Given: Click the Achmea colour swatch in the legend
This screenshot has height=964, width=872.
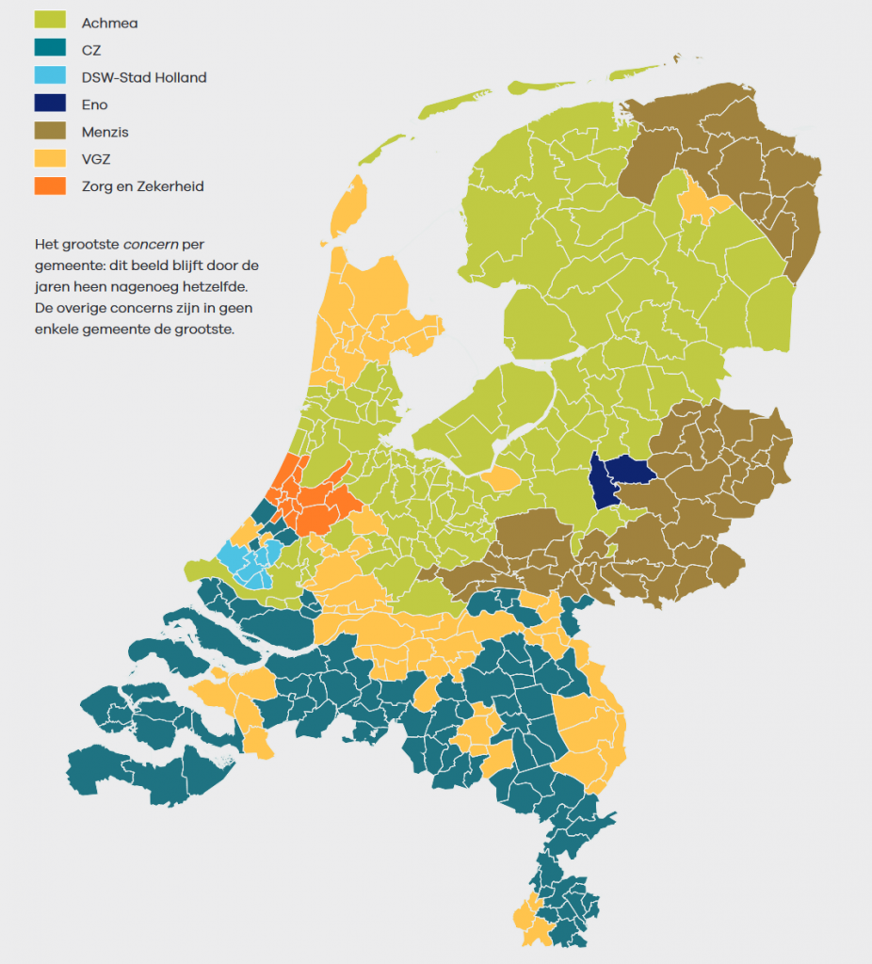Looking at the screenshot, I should pyautogui.click(x=50, y=23).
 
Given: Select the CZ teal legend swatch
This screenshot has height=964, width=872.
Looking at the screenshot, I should pyautogui.click(x=50, y=50).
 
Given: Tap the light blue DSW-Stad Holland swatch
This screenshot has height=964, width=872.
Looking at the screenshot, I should pyautogui.click(x=50, y=77).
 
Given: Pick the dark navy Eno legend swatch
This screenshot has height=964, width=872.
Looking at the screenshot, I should pyautogui.click(x=50, y=104).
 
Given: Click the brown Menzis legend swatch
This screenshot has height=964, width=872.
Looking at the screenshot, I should pyautogui.click(x=50, y=132).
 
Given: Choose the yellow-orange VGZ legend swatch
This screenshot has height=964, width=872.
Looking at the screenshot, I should pyautogui.click(x=50, y=159).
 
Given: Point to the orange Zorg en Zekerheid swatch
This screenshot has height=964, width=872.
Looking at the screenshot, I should pyautogui.click(x=50, y=186).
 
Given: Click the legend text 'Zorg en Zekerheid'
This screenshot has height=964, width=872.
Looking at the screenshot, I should pyautogui.click(x=142, y=186).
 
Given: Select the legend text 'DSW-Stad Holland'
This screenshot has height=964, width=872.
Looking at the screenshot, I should pyautogui.click(x=143, y=77).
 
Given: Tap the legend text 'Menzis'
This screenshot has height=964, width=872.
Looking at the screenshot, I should pyautogui.click(x=105, y=132).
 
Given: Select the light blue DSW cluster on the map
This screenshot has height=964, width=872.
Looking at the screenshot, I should pyautogui.click(x=250, y=563).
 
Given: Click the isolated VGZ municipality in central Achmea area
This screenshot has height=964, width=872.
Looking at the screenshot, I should pyautogui.click(x=502, y=477).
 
